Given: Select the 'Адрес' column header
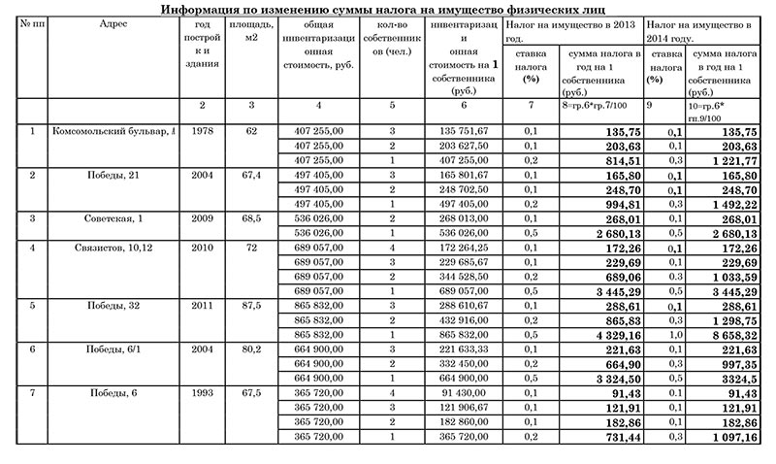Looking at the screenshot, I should point(113,23).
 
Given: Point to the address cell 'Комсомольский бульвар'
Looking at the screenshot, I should point(113,130).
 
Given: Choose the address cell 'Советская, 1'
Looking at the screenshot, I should point(113,218).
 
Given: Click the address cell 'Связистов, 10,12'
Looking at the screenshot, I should point(113,248).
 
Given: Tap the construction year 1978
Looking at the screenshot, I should point(203,130).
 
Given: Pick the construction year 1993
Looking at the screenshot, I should point(203,394).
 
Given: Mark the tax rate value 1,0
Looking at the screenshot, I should point(664,335).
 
